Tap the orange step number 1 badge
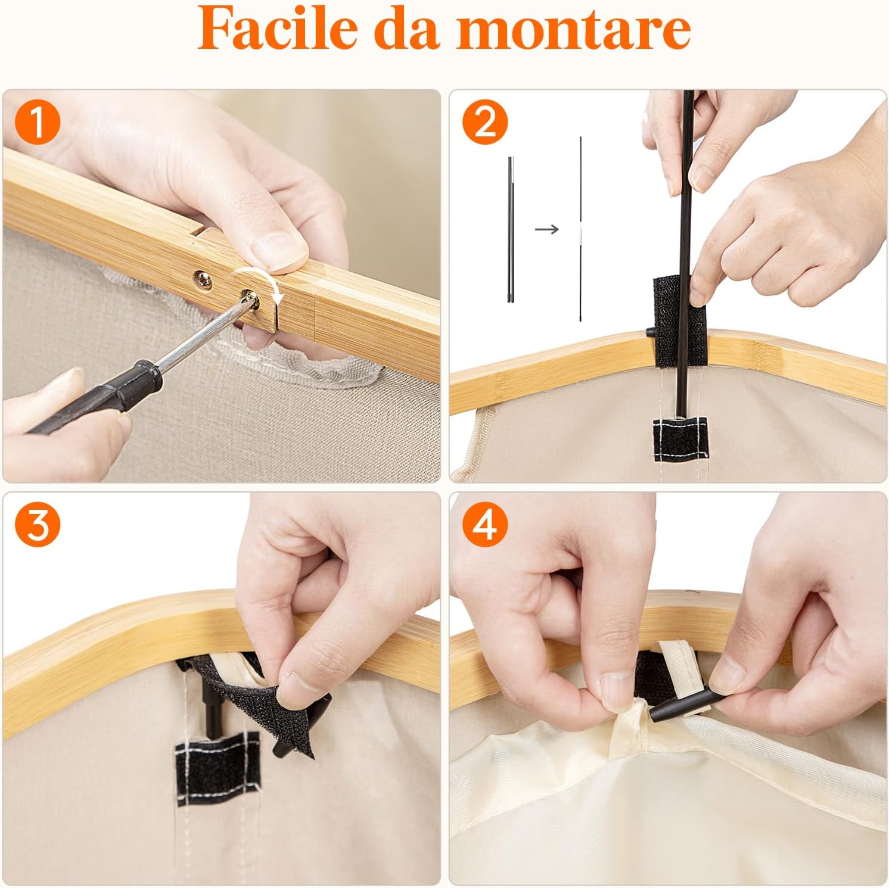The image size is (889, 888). [38, 122]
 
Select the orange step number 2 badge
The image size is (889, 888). [485, 122]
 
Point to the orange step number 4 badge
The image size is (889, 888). [485, 524]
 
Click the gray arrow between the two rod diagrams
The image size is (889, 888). [546, 229]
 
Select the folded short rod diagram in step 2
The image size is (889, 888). [511, 229]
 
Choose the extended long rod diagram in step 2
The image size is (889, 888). [580, 229]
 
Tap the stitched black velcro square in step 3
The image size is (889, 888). [218, 768]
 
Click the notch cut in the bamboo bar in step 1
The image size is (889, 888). [197, 229]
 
